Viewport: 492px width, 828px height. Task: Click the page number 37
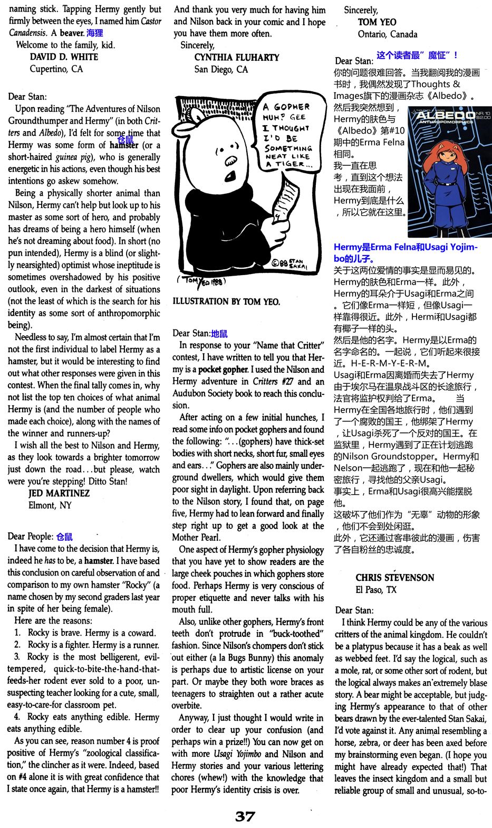(x=245, y=816)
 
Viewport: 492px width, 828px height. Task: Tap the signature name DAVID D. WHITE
(x=64, y=57)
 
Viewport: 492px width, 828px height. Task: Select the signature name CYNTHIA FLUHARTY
(x=237, y=57)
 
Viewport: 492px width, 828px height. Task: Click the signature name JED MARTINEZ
(x=59, y=493)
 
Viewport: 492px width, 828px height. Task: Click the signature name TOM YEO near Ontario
(x=377, y=22)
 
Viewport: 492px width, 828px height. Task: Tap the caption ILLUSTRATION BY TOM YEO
(x=226, y=302)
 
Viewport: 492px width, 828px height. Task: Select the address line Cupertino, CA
(x=56, y=69)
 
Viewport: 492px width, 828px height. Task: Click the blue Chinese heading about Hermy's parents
(x=405, y=253)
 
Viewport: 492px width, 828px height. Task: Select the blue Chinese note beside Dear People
(x=64, y=537)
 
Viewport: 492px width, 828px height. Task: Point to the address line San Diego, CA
(x=221, y=69)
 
